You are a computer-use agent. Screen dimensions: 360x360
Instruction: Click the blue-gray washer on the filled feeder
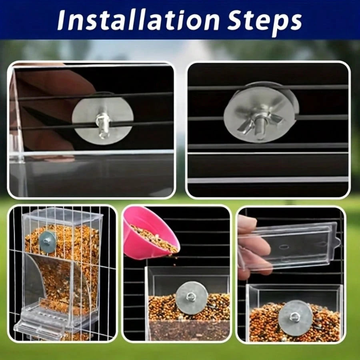pos(48,242)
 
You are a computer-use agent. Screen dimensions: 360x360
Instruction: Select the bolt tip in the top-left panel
pos(103,125)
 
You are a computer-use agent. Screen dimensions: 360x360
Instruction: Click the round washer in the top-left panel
pos(103,120)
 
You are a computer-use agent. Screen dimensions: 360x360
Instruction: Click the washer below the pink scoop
pos(192,298)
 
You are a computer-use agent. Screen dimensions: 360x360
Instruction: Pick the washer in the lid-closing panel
pos(295,318)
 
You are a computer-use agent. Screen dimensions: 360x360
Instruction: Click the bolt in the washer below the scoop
pos(190,297)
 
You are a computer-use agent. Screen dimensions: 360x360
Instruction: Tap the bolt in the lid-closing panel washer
pos(294,317)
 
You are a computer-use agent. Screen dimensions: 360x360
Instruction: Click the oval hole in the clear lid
pos(284,247)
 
